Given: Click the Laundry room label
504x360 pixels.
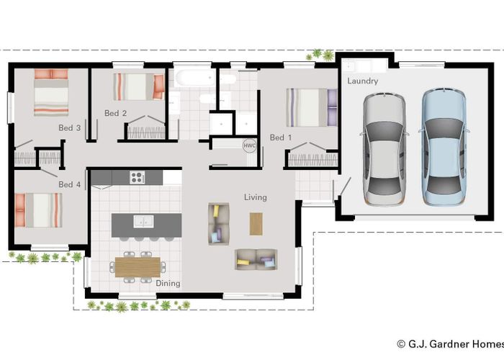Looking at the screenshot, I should coord(362,81).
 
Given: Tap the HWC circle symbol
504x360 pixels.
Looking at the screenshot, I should coord(249,145).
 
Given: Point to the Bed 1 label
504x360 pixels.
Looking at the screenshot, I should coord(281,138).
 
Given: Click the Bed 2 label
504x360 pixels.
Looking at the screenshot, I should coord(115,113).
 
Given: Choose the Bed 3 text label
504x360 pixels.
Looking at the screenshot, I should coord(69,128).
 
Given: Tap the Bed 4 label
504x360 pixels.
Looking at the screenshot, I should coord(69,185).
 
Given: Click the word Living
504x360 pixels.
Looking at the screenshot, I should coord(255,197).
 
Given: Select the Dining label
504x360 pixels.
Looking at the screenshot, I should coord(168,284).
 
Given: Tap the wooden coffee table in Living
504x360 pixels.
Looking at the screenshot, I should coord(257,224).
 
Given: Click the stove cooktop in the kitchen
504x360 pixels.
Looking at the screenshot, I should coord(137,177).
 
